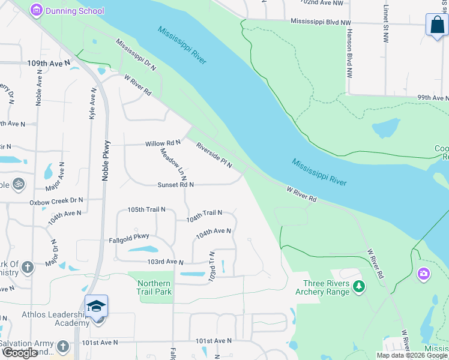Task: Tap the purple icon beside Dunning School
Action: tap(37, 10)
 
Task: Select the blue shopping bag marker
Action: tap(436, 26)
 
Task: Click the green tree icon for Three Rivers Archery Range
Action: tap(358, 286)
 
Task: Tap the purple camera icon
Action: tap(424, 274)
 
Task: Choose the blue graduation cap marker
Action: tap(96, 307)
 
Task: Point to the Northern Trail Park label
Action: tap(154, 287)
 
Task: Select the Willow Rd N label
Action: tap(163, 143)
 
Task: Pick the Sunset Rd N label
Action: tap(175, 185)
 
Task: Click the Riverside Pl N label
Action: tap(214, 155)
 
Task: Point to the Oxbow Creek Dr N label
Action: tap(56, 202)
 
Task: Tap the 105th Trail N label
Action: tap(146, 210)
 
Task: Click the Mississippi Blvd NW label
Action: tap(321, 22)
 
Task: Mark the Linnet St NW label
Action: tap(385, 25)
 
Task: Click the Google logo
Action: tap(20, 353)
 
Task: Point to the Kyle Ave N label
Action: tap(93, 103)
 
